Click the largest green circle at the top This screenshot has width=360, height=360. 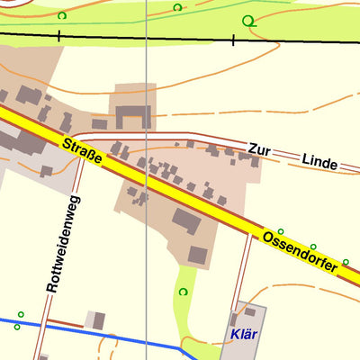coord(248,21)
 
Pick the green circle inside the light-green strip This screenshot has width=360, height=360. coord(184,292)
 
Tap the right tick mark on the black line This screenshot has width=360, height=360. coord(232,40)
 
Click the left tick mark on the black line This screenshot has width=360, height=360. coord(58,36)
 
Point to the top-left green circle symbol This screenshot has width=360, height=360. coord(61,15)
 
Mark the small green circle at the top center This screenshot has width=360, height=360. coord(177,7)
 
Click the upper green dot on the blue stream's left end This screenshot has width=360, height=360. coord(19,315)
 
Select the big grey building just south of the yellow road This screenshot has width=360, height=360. coord(187,221)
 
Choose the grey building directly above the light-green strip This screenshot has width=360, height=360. coord(197,256)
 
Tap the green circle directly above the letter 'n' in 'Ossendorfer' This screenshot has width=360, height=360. coord(313,247)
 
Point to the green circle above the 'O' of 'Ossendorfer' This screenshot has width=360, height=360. coord(280,231)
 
